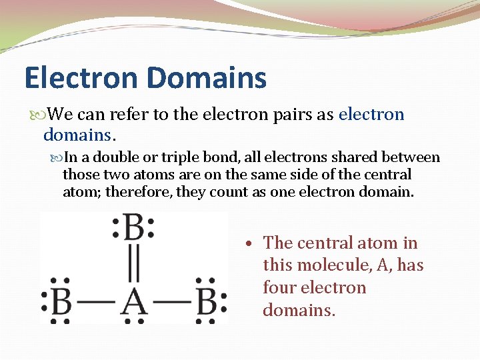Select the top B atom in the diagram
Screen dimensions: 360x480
click(133, 229)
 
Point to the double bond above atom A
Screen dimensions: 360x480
click(133, 266)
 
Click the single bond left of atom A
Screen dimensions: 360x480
click(97, 303)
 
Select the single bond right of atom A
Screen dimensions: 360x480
click(171, 303)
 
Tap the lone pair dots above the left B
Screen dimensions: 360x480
click(61, 281)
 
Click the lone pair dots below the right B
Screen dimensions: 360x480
click(206, 321)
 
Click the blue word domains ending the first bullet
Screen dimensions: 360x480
click(78, 135)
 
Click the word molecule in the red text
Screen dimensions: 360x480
click(332, 265)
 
